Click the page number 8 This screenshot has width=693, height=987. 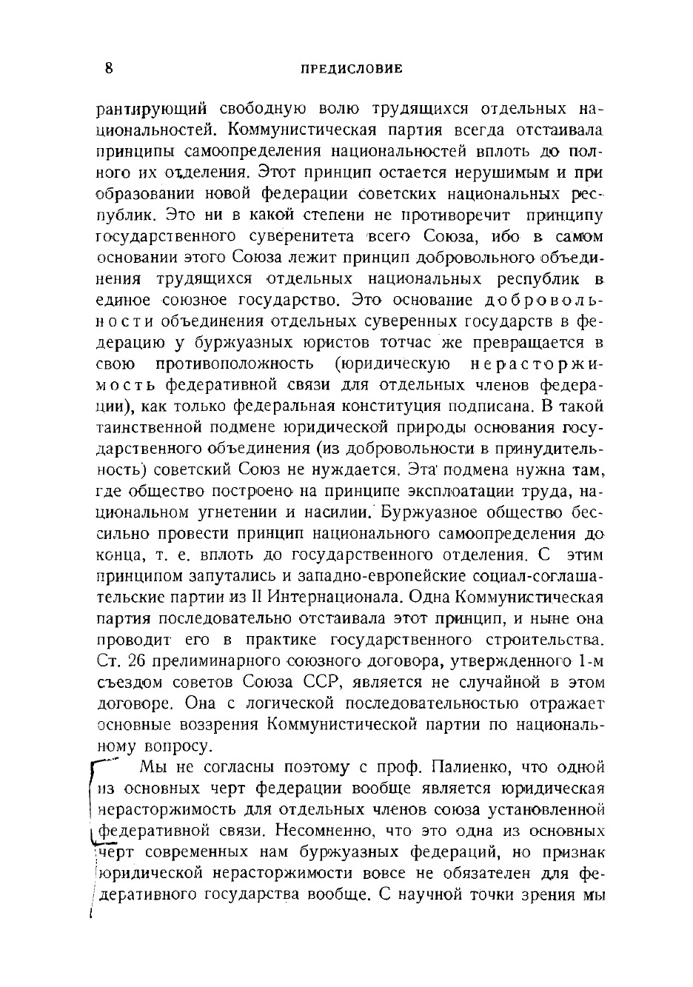point(109,69)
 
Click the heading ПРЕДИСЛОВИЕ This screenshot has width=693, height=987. point(352,69)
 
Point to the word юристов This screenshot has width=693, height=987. point(329,343)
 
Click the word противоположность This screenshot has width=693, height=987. point(235,364)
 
